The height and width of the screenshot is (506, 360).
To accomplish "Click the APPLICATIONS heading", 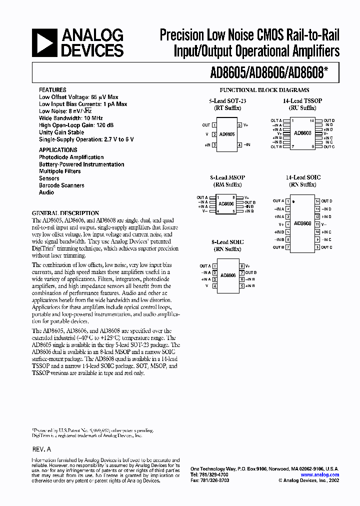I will point(58,150).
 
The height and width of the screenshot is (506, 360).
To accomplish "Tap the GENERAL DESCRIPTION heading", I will point(65,212).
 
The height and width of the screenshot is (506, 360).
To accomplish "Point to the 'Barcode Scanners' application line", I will point(61,185).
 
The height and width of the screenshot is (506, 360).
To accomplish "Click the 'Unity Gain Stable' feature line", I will point(61,132).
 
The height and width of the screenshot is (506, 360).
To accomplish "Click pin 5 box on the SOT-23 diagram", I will point(240,125).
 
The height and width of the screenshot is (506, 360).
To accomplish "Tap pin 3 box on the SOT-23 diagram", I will point(214,145).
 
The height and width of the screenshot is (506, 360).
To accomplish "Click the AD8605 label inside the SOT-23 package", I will point(227,135).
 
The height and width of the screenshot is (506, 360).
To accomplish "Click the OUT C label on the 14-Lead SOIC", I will point(326,247).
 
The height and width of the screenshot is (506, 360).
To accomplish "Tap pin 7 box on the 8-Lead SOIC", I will point(241,272).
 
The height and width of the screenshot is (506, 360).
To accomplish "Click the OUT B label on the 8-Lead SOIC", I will point(251,272).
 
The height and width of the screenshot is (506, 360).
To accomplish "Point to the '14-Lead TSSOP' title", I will point(299,101).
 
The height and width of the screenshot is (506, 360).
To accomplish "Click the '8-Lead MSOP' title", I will point(227,177).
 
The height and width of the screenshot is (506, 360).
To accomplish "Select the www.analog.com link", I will point(320,475).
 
